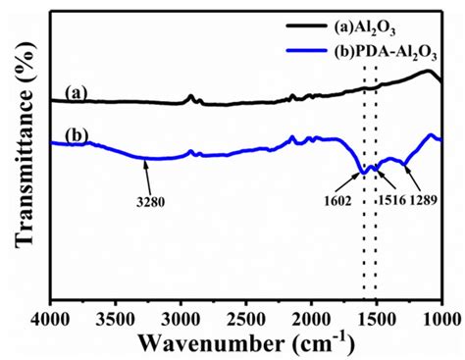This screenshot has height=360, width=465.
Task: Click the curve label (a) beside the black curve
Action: click(76, 92)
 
